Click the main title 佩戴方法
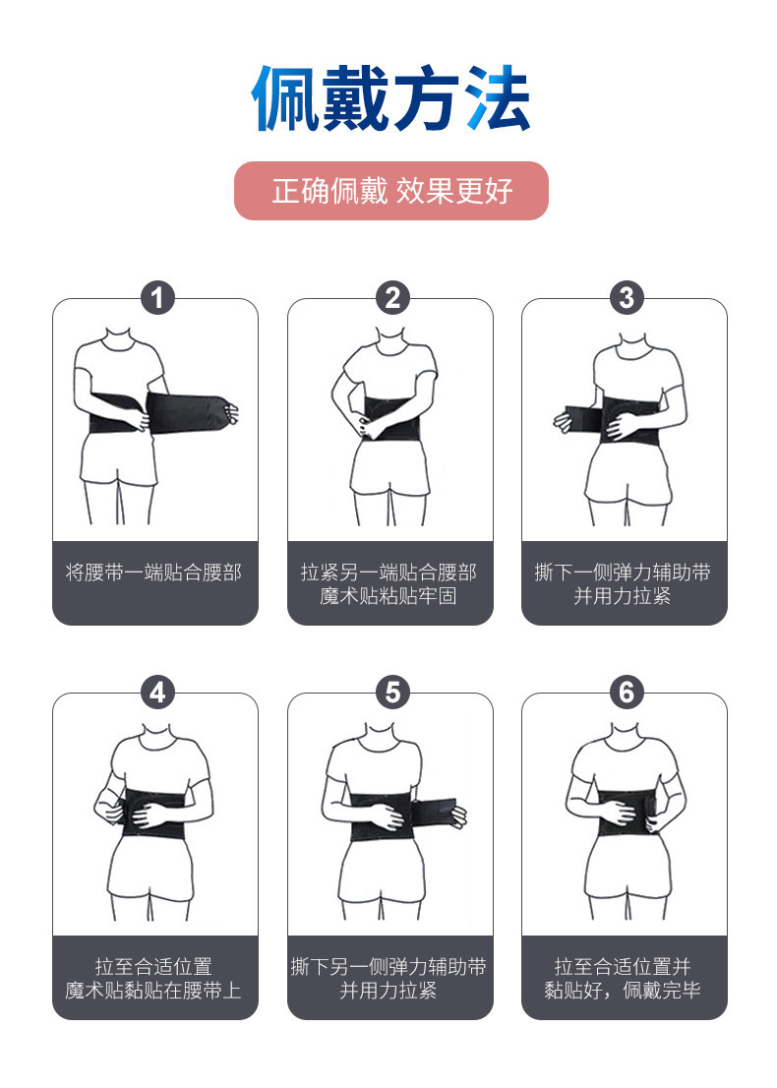pyautogui.click(x=390, y=99)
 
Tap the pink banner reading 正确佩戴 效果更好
pyautogui.click(x=390, y=191)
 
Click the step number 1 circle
pyautogui.click(x=157, y=297)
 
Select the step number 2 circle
pyautogui.click(x=391, y=297)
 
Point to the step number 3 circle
pyautogui.click(x=626, y=297)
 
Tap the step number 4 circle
pyautogui.click(x=157, y=692)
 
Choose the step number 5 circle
pyautogui.click(x=391, y=692)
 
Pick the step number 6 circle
pyautogui.click(x=626, y=692)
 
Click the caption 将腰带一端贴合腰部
pyautogui.click(x=154, y=573)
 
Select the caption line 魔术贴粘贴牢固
pyautogui.click(x=388, y=596)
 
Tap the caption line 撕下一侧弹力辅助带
pyautogui.click(x=623, y=573)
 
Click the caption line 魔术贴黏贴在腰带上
pyautogui.click(x=154, y=991)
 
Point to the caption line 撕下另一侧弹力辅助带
pyautogui.click(x=388, y=967)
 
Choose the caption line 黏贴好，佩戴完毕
pyautogui.click(x=623, y=991)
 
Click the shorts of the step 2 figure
pyautogui.click(x=388, y=472)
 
